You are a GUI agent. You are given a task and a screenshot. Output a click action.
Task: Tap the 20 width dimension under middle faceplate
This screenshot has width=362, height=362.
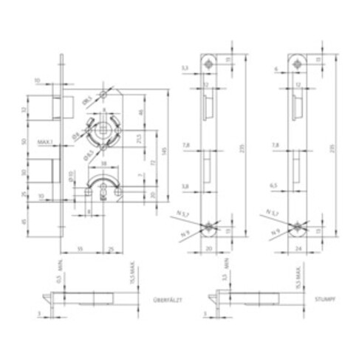tap(210, 249)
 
